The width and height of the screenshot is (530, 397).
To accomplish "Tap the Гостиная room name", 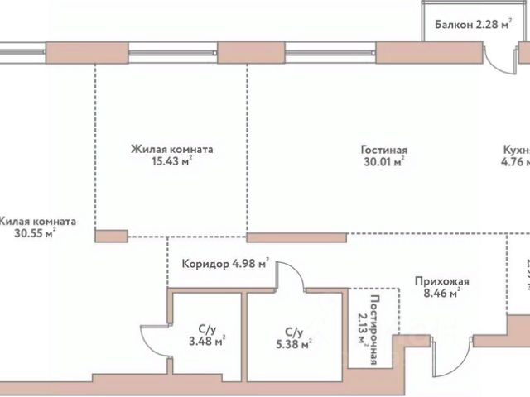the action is [383, 151].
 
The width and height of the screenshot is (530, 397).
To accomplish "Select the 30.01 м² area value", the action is [383, 163].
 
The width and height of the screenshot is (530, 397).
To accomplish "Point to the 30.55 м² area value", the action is [34, 234].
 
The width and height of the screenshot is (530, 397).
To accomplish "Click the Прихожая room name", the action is [437, 280].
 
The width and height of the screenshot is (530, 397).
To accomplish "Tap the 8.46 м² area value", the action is [438, 292].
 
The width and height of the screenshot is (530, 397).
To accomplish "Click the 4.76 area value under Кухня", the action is [517, 163].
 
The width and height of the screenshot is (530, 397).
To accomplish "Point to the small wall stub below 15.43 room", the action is [111, 236].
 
